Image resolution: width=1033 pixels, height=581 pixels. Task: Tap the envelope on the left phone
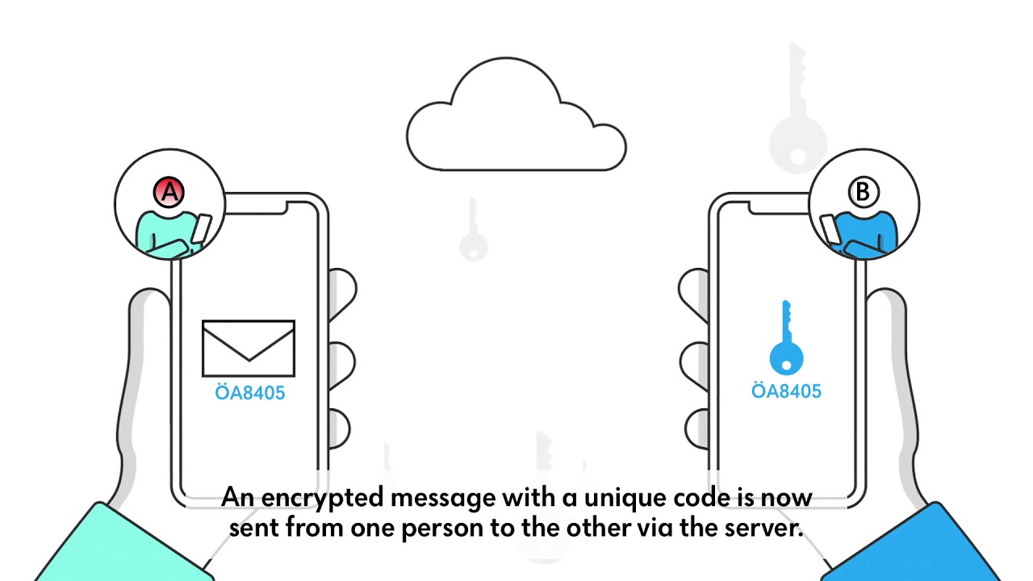click(249, 349)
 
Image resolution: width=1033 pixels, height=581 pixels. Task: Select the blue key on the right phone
click(786, 338)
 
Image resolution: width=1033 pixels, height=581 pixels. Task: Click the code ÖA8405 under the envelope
click(250, 392)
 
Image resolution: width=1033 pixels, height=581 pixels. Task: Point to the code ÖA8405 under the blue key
click(786, 391)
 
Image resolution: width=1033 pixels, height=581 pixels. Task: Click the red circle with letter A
click(169, 192)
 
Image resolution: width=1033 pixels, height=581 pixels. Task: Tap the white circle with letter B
click(864, 192)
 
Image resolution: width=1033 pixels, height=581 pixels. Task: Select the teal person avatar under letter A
click(173, 234)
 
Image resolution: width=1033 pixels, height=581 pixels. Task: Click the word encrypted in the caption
click(322, 498)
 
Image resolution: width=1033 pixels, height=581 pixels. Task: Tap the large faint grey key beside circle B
click(797, 107)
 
